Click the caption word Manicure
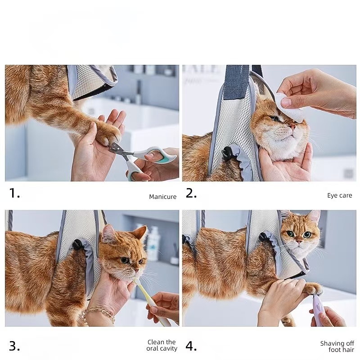click(x=163, y=197)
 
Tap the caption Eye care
click(x=339, y=195)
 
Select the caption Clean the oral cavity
click(x=162, y=345)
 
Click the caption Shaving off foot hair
click(x=337, y=346)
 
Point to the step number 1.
click(x=14, y=193)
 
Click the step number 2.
click(x=191, y=193)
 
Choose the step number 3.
click(x=14, y=346)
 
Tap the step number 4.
click(x=191, y=346)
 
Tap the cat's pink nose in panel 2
click(x=293, y=127)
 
